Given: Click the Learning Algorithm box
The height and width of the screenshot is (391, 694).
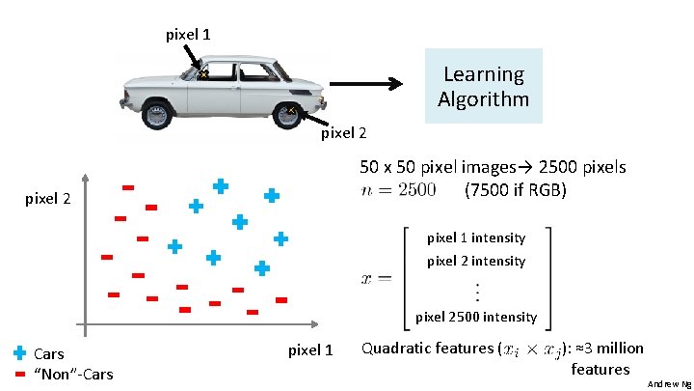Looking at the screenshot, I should pos(483,86).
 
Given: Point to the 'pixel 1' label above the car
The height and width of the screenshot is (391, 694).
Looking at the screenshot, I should pos(189,35).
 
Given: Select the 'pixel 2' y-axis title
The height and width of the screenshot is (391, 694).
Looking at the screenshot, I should pos(48,200).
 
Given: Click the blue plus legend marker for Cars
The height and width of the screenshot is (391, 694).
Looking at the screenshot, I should pos(20,353).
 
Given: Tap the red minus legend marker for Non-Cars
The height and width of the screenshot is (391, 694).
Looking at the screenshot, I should pos(20,373).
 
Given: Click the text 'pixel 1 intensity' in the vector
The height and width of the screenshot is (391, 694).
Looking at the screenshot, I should pos(475,237).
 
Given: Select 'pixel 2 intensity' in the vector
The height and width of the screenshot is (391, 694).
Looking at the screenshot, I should pos(475,261).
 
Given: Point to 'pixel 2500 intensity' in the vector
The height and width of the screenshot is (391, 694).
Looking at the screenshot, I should pos(475,317).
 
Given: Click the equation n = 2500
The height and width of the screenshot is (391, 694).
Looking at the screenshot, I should pos(398,189).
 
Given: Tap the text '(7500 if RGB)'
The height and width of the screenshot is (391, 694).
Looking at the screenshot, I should pos(515,189).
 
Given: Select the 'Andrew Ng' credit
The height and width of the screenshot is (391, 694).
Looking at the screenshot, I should pos(669,383).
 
